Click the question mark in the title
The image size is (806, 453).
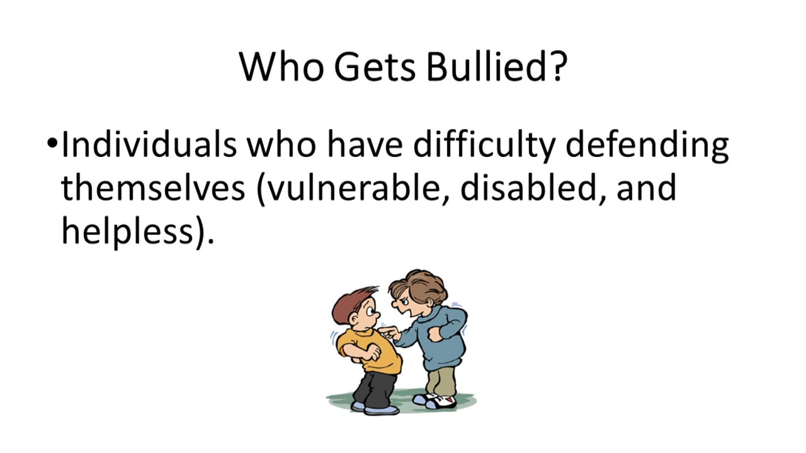pos(558,67)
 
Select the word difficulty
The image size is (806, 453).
pos(484,145)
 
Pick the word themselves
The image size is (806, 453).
pos(153,187)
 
